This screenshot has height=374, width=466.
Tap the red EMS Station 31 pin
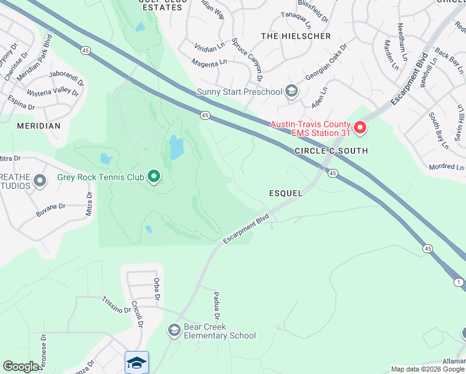tap(359, 128)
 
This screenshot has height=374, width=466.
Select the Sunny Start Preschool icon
tap(291, 92)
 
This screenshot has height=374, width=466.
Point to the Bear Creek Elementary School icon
tap(174, 330)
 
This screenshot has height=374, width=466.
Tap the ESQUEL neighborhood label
tap(287, 193)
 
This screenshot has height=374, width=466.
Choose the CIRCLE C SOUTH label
tap(331, 151)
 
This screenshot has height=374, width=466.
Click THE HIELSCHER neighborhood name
tap(296, 36)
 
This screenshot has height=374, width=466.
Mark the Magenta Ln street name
tap(209, 63)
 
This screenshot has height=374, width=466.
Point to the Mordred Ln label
tap(447, 168)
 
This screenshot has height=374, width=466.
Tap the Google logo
tap(21, 367)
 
